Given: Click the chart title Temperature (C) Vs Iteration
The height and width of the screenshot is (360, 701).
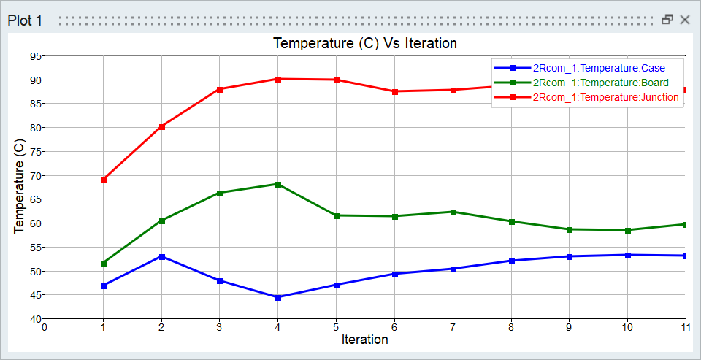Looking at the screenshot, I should pyautogui.click(x=365, y=43).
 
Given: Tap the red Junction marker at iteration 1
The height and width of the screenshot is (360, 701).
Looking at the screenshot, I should pyautogui.click(x=103, y=180).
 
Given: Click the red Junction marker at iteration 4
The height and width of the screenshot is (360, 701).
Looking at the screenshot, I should pyautogui.click(x=278, y=79).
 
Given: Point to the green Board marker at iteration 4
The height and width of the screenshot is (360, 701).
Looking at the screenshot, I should pyautogui.click(x=278, y=184).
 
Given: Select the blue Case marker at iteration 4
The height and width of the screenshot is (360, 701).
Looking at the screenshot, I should pyautogui.click(x=278, y=297).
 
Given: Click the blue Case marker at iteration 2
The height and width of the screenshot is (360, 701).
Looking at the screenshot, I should pyautogui.click(x=161, y=257).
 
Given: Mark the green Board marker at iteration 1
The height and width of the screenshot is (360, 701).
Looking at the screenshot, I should pyautogui.click(x=103, y=264).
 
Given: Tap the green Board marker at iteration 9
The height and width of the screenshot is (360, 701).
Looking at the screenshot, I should pyautogui.click(x=569, y=229).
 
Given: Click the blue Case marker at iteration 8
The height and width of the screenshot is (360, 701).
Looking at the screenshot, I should pyautogui.click(x=511, y=261).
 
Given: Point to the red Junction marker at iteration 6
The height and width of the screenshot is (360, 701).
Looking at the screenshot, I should pyautogui.click(x=394, y=91).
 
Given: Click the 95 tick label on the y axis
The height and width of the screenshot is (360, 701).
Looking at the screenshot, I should pyautogui.click(x=34, y=56).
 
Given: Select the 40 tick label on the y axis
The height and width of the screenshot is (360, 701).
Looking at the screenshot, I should pyautogui.click(x=34, y=319).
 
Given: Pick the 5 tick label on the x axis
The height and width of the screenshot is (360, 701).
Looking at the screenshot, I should pyautogui.click(x=336, y=328).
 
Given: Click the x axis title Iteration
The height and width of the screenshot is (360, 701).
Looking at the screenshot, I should pyautogui.click(x=364, y=340).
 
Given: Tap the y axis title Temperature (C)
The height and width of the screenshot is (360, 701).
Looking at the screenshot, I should pyautogui.click(x=20, y=188).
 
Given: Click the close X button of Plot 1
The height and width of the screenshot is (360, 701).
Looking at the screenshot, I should pyautogui.click(x=685, y=20).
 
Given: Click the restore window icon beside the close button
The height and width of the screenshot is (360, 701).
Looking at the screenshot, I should pyautogui.click(x=667, y=20).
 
